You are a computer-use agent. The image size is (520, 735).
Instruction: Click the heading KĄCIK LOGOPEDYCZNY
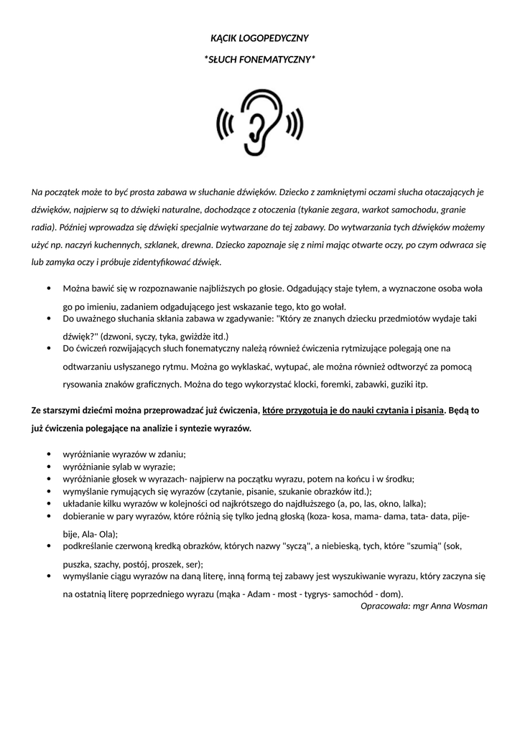(259, 37)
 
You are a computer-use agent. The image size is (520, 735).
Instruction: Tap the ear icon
(259, 122)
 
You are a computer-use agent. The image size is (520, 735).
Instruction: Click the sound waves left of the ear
(226, 125)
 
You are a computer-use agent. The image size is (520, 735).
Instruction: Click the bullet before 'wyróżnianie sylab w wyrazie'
(47, 467)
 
